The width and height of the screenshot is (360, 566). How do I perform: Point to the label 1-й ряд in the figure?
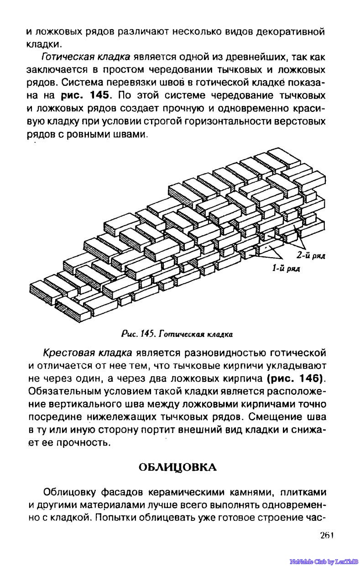tap(286, 269)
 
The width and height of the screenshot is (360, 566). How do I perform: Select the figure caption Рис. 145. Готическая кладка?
tap(177, 334)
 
